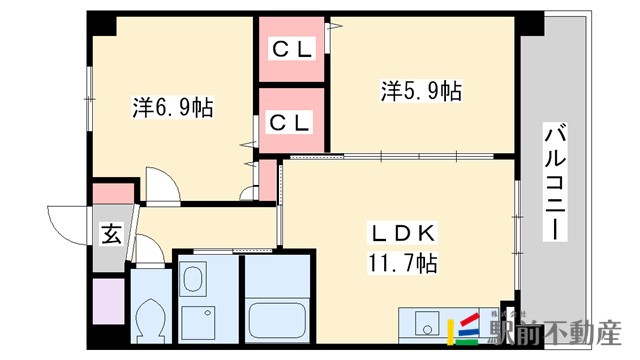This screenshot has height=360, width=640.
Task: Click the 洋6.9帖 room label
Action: (x=173, y=106)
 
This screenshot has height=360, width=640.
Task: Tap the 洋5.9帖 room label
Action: (x=420, y=91)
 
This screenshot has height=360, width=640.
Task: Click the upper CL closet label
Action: (x=292, y=49)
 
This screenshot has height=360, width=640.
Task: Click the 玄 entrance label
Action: (x=109, y=236)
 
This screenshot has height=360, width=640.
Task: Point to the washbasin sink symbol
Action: (x=195, y=279)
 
